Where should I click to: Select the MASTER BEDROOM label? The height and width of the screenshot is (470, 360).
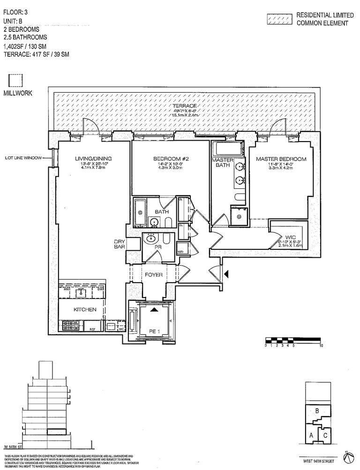281,159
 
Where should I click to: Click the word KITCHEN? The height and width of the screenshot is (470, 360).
85,310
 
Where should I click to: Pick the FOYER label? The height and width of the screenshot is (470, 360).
153,275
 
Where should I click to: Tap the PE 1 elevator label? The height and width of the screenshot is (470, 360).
153,331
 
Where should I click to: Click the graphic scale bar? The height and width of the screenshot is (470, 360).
293,341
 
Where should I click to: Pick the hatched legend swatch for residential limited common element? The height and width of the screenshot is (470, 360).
279,19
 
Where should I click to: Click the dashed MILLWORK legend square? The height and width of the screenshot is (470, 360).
16,80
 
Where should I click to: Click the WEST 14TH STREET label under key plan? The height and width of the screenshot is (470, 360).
318,459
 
